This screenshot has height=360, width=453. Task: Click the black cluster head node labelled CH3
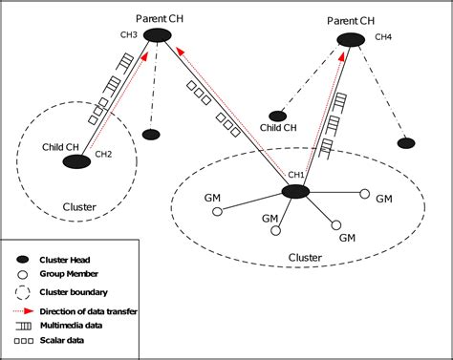click(x=159, y=35)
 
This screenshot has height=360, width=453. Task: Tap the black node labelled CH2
click(x=76, y=162)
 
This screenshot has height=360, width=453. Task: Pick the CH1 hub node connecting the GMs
click(x=295, y=192)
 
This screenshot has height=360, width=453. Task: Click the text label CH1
click(x=296, y=175)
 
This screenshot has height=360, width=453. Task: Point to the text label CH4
click(x=383, y=37)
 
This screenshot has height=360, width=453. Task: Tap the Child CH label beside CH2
click(x=60, y=146)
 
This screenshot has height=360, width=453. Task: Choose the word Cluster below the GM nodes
click(x=304, y=258)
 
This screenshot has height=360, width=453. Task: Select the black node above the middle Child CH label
click(x=278, y=116)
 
